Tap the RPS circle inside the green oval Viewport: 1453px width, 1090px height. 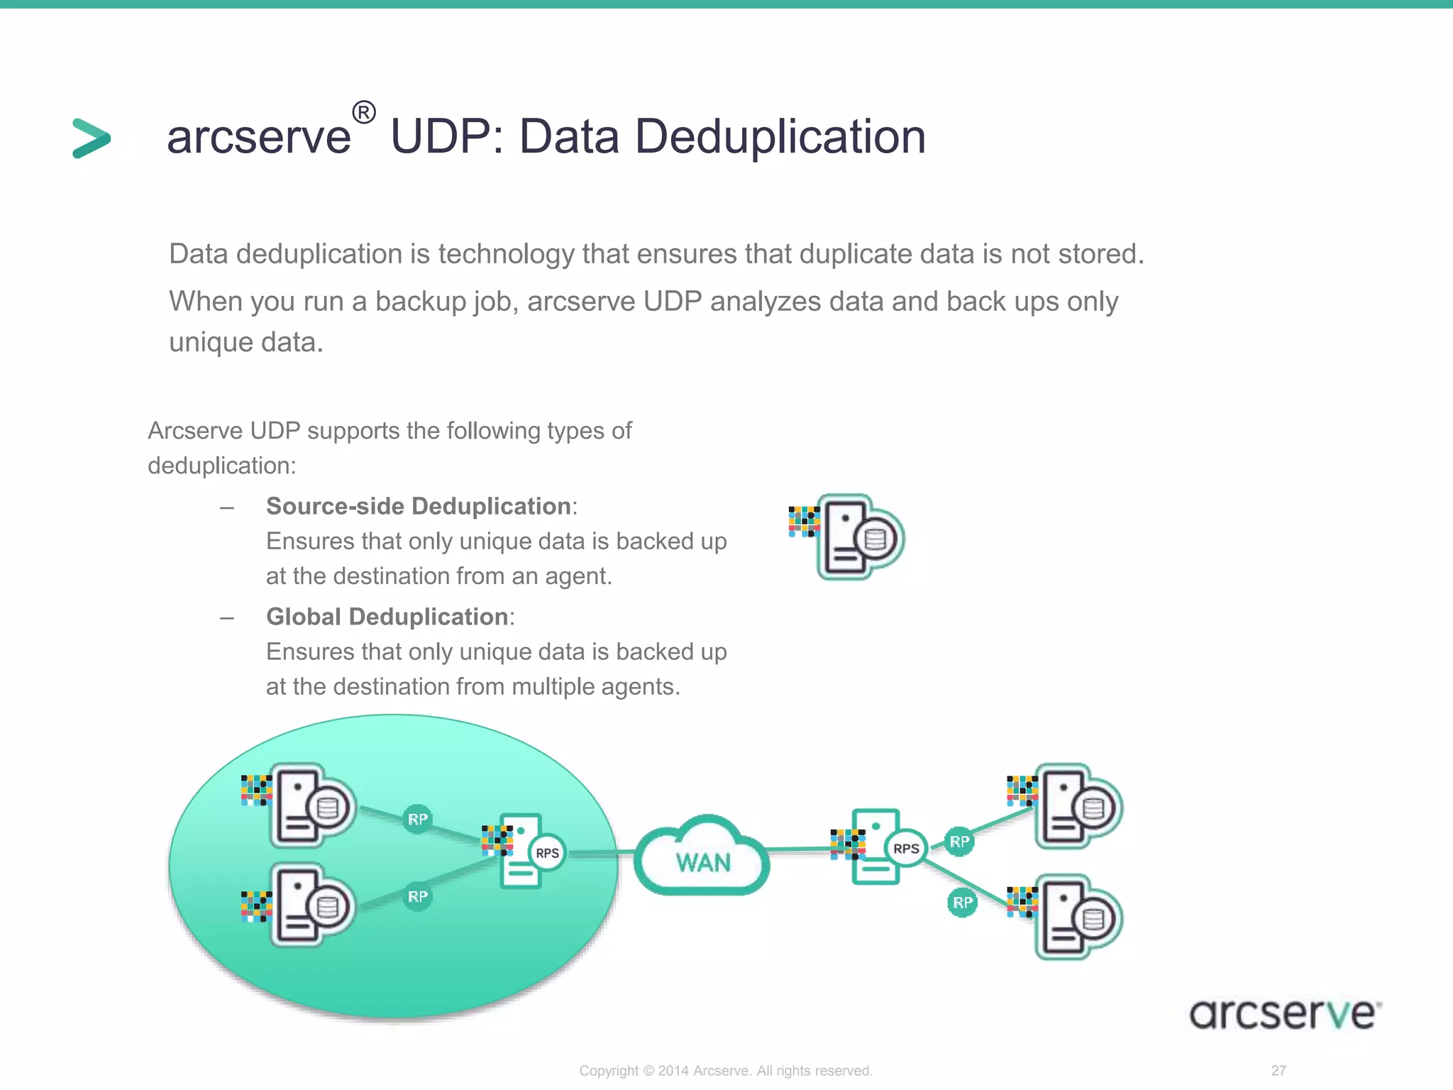click(547, 853)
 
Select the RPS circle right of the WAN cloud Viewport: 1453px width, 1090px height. click(906, 849)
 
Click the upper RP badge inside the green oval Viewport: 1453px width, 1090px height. click(418, 820)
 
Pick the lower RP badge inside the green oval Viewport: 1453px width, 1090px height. click(418, 897)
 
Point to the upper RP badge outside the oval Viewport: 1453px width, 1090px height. click(959, 842)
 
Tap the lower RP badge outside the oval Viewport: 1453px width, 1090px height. click(962, 903)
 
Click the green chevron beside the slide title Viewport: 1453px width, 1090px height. click(92, 138)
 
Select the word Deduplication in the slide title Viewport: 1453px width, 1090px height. click(780, 136)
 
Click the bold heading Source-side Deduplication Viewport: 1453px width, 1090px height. click(419, 507)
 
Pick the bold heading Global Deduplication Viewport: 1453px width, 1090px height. click(387, 617)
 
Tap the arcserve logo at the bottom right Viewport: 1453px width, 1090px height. click(1285, 1013)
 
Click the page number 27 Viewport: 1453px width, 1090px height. click(1278, 1071)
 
